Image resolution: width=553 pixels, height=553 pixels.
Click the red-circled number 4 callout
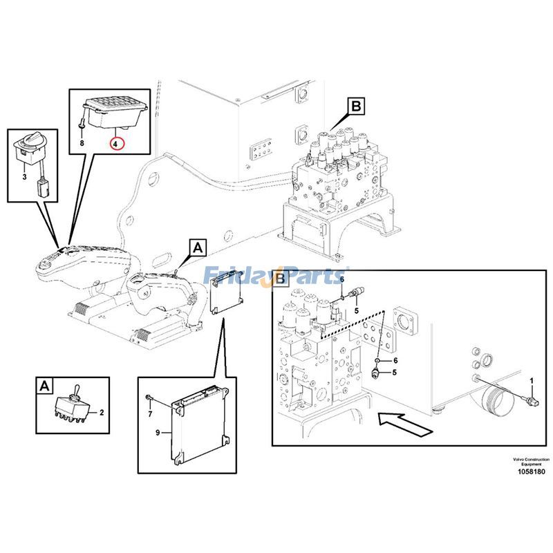pos(115,144)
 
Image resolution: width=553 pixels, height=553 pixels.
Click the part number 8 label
pos(82,143)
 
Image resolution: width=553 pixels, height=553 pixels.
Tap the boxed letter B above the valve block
pos(355,106)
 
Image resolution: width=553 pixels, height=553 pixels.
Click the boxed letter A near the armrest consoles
pos(198,247)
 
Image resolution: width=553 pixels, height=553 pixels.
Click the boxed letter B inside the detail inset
pos(281,279)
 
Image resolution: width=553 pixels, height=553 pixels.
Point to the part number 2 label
pos(101,413)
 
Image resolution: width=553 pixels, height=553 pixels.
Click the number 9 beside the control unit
pos(158,433)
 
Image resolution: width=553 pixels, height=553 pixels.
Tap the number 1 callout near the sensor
pos(532,381)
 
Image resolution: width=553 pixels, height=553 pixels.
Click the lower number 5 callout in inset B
pos(395,373)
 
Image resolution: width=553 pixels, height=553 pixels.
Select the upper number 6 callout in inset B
pos(341,279)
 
